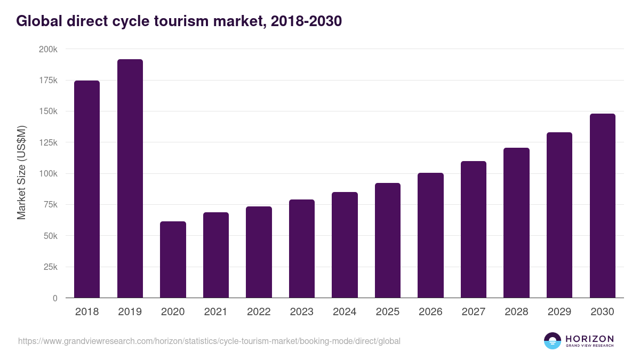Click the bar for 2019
coord(130,179)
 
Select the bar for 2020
coord(173,260)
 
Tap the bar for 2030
coord(602,206)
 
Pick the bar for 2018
coord(87,189)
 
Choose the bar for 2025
coord(388,241)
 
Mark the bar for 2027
coord(474,229)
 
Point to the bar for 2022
coord(259,252)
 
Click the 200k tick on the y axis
coord(49,49)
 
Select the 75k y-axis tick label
coord(51,205)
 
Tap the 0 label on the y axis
coord(54,298)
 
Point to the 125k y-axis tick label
coord(49,142)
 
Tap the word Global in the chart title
coord(41,21)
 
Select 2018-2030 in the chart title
coord(306,21)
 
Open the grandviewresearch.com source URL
coord(209,341)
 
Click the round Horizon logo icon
coord(553,341)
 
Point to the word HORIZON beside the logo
coord(589,339)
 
